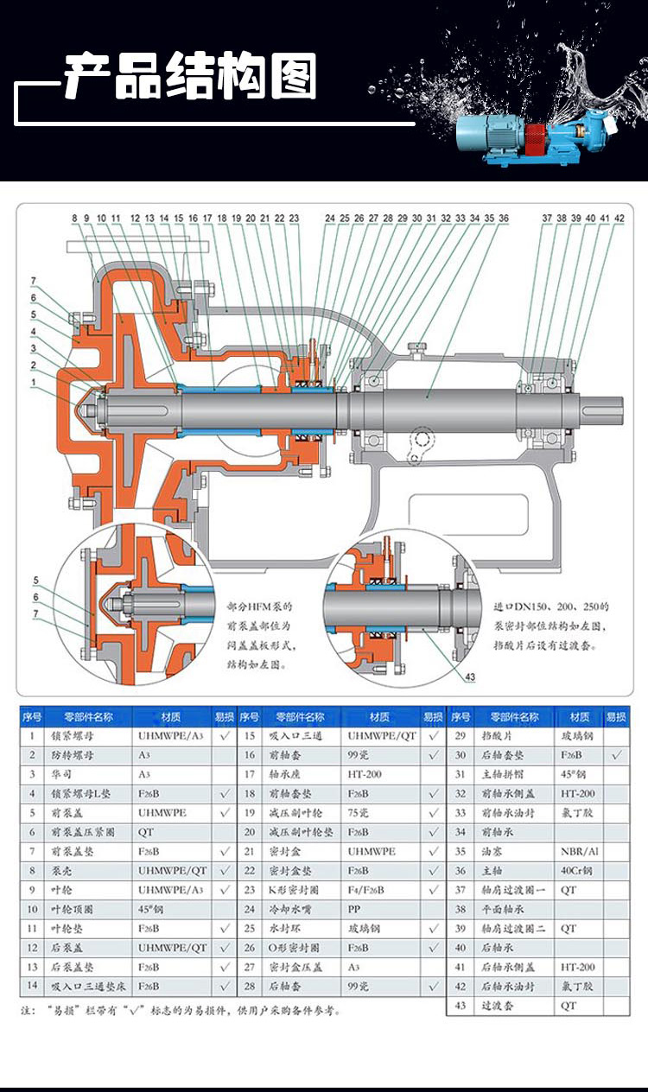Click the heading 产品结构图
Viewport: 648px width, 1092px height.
click(x=191, y=78)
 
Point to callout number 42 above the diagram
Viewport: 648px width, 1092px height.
click(x=619, y=219)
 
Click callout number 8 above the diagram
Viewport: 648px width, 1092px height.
click(x=75, y=219)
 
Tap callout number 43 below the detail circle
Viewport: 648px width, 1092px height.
click(x=469, y=678)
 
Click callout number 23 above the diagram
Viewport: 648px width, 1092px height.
click(x=294, y=219)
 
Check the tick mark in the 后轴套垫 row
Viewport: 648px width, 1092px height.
click(x=616, y=755)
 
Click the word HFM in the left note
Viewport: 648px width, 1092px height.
click(x=260, y=607)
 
